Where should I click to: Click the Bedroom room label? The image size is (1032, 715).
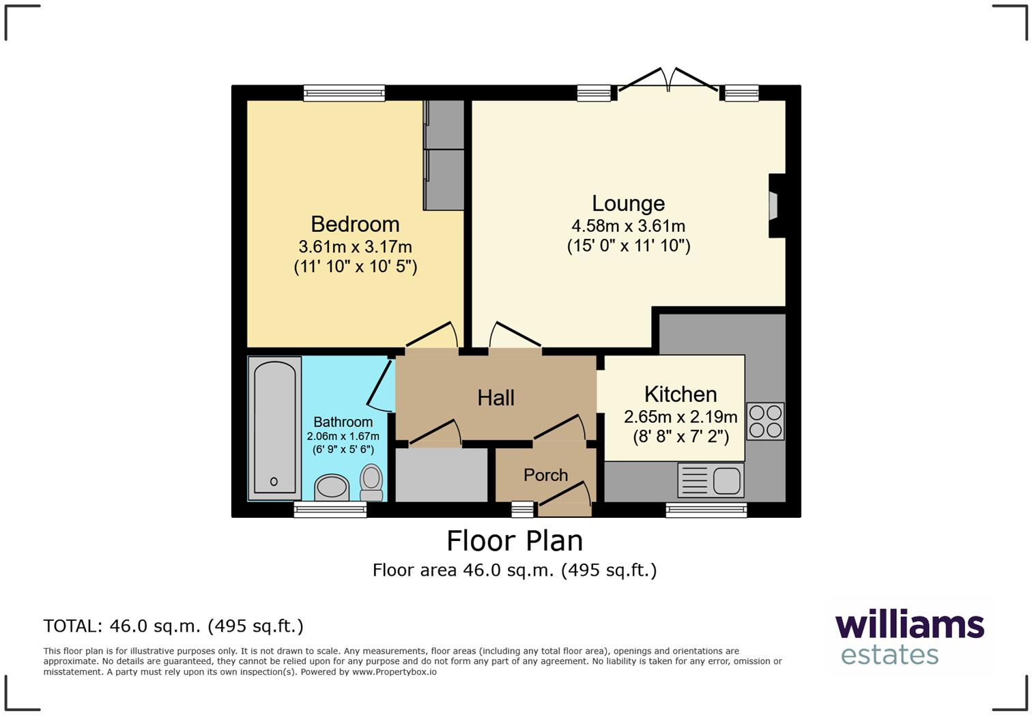(x=355, y=224)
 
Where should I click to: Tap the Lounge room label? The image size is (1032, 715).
(x=629, y=203)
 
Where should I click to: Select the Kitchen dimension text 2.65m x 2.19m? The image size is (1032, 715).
(x=680, y=417)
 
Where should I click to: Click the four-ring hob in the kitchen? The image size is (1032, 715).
(x=765, y=421)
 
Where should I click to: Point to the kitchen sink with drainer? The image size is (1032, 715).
(x=711, y=480)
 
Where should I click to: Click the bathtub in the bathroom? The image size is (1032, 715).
(x=274, y=428)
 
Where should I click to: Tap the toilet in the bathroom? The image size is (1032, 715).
(x=371, y=482)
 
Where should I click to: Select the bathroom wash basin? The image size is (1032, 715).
(x=332, y=487)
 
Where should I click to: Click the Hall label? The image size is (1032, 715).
(x=496, y=398)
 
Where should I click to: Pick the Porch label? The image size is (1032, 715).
(x=545, y=475)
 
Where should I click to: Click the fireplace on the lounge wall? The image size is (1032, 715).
(x=777, y=205)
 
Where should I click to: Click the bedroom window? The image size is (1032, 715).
(x=344, y=93)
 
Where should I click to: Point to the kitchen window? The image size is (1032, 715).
(x=706, y=510)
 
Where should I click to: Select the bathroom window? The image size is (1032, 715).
(x=330, y=510)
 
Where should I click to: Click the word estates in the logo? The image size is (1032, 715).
(x=889, y=655)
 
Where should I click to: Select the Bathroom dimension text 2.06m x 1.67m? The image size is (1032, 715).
(x=343, y=436)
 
